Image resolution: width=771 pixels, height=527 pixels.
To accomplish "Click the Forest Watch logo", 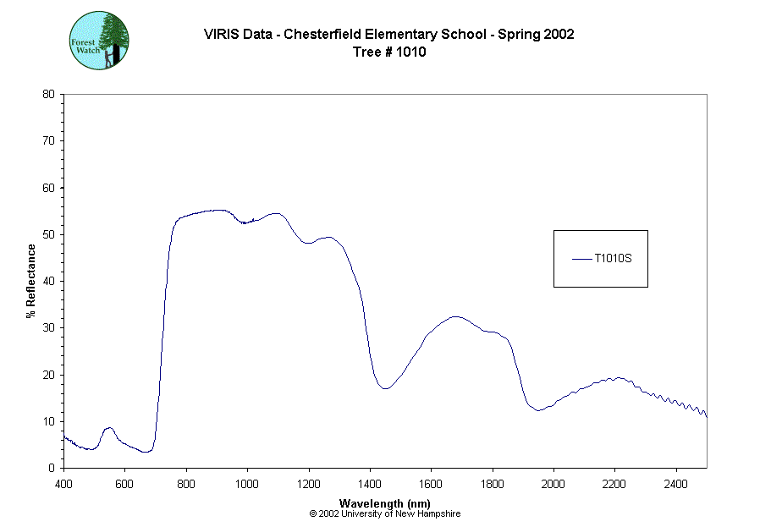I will (99, 41).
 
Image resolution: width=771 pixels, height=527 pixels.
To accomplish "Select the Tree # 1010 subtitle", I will (388, 52).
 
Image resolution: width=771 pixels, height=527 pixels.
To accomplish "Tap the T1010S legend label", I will (613, 259).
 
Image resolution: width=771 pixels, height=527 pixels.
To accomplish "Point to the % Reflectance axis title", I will (31, 281).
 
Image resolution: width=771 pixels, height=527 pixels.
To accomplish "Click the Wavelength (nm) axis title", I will (385, 503).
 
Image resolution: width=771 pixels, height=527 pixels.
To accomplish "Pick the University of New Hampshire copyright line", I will (385, 513).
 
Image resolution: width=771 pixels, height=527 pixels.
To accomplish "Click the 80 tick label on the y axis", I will (48, 94).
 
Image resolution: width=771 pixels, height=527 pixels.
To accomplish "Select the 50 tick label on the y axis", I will (48, 234).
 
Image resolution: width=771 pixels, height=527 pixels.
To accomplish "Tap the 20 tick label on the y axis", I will (48, 375).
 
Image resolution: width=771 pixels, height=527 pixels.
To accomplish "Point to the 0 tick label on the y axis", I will (52, 468).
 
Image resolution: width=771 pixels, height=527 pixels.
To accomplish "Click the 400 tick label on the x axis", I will (63, 485).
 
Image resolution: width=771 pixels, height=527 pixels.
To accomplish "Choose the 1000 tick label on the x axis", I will (247, 485).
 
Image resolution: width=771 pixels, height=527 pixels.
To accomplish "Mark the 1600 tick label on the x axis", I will (431, 485).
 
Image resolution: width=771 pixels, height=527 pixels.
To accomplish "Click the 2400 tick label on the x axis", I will (676, 485).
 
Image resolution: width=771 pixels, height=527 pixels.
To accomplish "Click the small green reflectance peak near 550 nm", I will (108, 428).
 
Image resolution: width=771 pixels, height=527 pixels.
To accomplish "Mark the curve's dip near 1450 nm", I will (385, 388).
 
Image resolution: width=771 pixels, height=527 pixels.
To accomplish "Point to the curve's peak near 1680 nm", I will (455, 316).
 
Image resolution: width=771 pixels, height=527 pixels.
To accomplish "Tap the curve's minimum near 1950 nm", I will (538, 410).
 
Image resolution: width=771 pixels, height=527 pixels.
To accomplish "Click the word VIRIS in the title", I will (220, 35).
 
